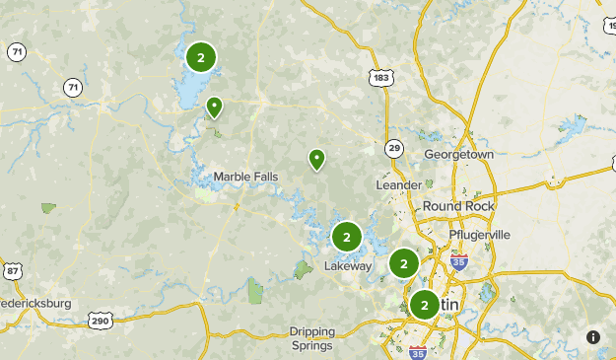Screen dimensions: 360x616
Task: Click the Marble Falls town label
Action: click(245, 177)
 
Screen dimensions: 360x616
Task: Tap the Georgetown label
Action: click(458, 155)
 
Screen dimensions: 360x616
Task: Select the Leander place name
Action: click(399, 184)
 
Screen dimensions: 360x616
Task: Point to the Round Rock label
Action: click(458, 205)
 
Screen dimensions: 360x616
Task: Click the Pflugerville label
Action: click(480, 235)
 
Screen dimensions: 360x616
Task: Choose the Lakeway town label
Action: click(349, 265)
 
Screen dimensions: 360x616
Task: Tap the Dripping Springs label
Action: click(312, 338)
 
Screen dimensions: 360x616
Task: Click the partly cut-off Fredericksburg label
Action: click(35, 304)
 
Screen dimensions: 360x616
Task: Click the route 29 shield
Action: click(394, 148)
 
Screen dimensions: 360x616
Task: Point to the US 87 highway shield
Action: click(12, 271)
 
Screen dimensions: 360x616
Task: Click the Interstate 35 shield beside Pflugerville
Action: click(458, 261)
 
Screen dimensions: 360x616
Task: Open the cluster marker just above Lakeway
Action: click(346, 237)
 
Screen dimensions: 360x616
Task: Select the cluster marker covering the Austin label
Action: click(425, 305)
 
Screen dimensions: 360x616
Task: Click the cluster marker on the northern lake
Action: click(201, 58)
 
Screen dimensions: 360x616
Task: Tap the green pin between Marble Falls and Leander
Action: click(316, 159)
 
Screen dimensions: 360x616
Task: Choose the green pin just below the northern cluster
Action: click(214, 107)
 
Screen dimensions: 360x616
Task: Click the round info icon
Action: click(593, 337)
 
